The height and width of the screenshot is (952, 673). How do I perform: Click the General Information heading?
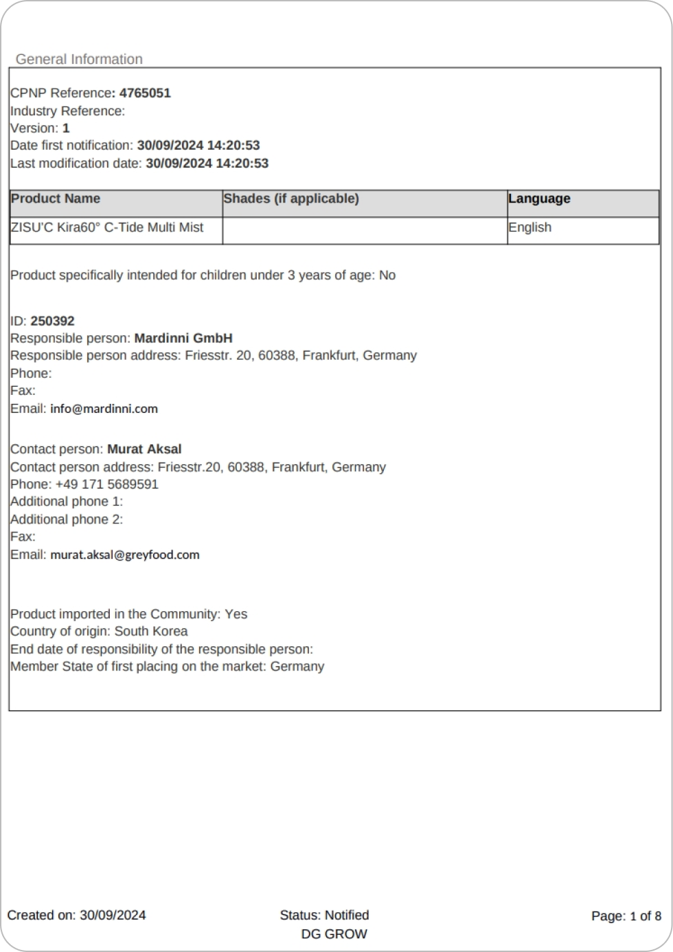click(x=79, y=60)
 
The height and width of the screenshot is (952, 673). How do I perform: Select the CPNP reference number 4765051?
click(x=145, y=93)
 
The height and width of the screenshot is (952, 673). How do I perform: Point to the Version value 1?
click(x=66, y=128)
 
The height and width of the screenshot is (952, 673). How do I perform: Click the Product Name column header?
click(x=56, y=199)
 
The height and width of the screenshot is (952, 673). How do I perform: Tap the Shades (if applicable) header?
click(x=291, y=199)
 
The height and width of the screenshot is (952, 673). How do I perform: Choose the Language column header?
click(x=539, y=199)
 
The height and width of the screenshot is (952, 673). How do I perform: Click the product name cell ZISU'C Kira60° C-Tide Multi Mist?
click(x=107, y=228)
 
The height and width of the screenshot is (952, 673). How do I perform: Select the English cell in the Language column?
click(x=529, y=228)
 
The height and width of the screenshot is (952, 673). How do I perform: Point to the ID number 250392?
click(x=53, y=321)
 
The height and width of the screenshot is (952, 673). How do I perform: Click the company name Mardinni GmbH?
click(x=183, y=339)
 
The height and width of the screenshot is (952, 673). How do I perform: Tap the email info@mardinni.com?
click(x=104, y=409)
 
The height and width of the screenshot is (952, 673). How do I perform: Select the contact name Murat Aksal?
click(x=144, y=450)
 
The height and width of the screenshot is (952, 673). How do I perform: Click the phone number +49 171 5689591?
click(x=107, y=485)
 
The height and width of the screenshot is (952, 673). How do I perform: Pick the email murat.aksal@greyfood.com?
click(x=125, y=555)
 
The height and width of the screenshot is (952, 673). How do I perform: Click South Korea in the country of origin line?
click(x=151, y=632)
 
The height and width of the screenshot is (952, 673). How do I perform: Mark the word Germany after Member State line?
click(x=297, y=667)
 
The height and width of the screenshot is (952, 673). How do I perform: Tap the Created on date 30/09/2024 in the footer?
click(x=113, y=916)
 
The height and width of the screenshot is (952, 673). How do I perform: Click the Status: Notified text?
click(x=324, y=916)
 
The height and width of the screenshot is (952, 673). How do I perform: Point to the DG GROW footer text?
click(x=334, y=935)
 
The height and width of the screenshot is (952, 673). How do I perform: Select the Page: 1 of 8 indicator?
click(x=626, y=916)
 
